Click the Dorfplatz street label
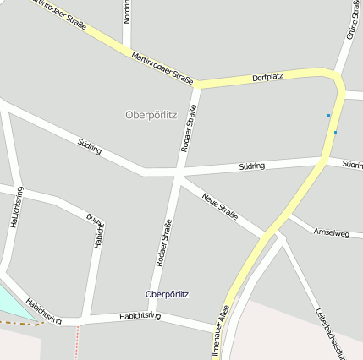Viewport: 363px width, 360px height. (x=267, y=77)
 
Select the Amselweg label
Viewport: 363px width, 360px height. (x=331, y=232)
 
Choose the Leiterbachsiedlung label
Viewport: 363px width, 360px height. (x=331, y=333)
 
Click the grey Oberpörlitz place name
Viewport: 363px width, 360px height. (x=151, y=115)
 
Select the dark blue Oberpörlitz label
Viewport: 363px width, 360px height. (x=168, y=294)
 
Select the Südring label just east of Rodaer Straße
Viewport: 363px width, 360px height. (x=251, y=166)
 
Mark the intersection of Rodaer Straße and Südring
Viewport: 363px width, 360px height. (x=179, y=172)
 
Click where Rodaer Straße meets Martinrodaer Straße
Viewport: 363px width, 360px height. (x=197, y=85)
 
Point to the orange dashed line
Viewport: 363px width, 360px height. (x=20, y=323)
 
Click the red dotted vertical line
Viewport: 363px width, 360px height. (x=77, y=341)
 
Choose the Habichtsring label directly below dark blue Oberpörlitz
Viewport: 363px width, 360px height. (x=140, y=315)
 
